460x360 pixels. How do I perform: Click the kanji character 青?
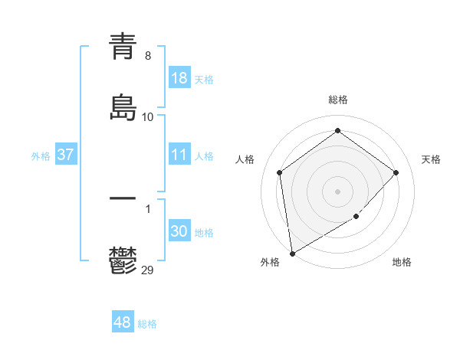coord(123,45)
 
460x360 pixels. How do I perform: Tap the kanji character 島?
coord(123,108)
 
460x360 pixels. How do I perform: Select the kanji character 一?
coord(123,198)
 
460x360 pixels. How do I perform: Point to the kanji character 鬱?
coord(123,261)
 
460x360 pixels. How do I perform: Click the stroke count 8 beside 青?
coord(148,55)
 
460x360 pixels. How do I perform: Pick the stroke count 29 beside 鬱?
coord(148,270)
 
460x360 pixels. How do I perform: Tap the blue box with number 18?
coord(179,78)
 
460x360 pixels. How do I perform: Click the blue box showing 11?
coord(179,155)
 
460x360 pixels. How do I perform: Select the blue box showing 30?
coord(179,231)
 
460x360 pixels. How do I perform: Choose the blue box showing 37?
coord(66,155)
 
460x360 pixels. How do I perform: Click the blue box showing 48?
coord(123,322)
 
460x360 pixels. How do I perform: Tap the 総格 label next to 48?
coord(147,324)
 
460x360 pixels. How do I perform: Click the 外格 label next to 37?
coord(41,156)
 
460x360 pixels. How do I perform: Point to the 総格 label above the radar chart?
coord(338,100)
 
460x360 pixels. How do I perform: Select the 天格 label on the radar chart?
coord(431,159)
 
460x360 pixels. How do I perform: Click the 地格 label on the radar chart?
coord(402,262)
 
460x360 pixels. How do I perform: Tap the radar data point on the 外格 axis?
coord(292,253)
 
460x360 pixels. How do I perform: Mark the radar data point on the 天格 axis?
coord(396,172)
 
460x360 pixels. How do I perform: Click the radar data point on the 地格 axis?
coord(356,217)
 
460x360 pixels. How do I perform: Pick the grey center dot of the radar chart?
coord(338,191)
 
